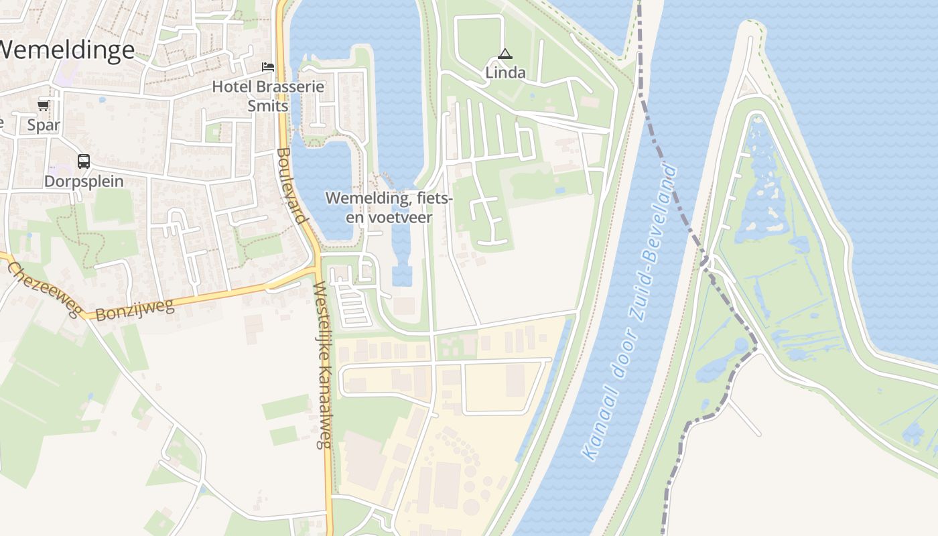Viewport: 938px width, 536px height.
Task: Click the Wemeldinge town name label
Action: pyautogui.click(x=67, y=50)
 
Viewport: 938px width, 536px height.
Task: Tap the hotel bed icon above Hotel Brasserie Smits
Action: pyautogui.click(x=268, y=67)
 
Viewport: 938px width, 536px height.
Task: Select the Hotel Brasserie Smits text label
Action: pyautogui.click(x=268, y=96)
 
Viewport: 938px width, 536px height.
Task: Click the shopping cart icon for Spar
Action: pyautogui.click(x=44, y=105)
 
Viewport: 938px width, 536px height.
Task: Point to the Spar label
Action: pyautogui.click(x=44, y=125)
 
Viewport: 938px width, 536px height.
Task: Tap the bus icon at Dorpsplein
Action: pyautogui.click(x=84, y=161)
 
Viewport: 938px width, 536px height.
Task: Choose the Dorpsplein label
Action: pyautogui.click(x=84, y=182)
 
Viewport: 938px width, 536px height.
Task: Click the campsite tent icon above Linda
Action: pyautogui.click(x=505, y=54)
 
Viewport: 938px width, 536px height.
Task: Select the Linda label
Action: pyautogui.click(x=505, y=72)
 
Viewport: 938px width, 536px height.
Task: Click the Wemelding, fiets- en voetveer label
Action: pyautogui.click(x=389, y=208)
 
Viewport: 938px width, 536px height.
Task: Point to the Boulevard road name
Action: pyautogui.click(x=291, y=186)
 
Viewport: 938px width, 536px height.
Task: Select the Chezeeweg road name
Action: pyautogui.click(x=44, y=289)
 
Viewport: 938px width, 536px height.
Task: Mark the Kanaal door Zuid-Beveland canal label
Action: pyautogui.click(x=630, y=312)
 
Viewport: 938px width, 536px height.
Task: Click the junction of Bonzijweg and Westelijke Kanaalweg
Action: pyautogui.click(x=317, y=271)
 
